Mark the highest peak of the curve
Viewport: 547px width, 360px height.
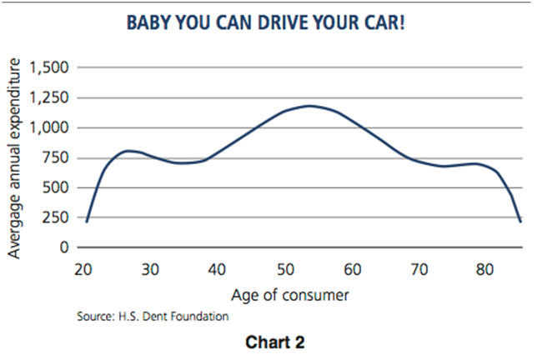(310, 106)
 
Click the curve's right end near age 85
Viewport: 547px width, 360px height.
(520, 221)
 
